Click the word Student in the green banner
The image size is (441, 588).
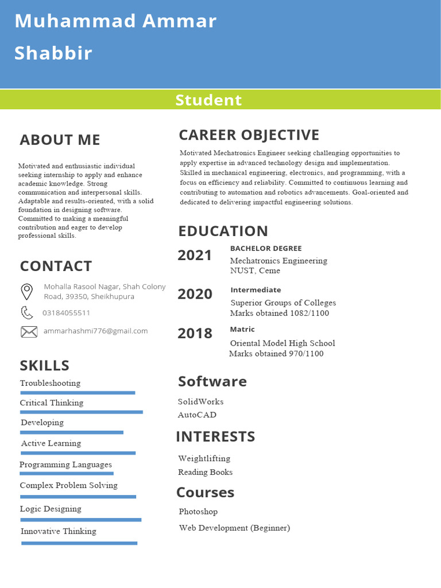(208, 100)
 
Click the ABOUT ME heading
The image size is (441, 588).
(60, 140)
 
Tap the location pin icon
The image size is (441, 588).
(26, 291)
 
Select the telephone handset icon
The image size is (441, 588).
(26, 312)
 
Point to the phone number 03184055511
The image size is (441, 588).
(66, 313)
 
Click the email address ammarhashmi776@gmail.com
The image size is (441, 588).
(95, 331)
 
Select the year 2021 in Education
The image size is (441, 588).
(195, 256)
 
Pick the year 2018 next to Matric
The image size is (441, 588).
(195, 333)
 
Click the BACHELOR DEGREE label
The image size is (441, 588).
(265, 249)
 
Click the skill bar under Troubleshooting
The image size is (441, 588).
(78, 393)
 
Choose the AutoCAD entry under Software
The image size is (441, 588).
(197, 415)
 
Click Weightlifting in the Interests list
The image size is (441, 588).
(204, 458)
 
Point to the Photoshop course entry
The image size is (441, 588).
(198, 511)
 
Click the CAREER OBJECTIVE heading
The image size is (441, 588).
(249, 135)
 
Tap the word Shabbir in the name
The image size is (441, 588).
(53, 53)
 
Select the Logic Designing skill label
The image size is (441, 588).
(51, 509)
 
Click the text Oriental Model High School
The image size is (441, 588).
(283, 343)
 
